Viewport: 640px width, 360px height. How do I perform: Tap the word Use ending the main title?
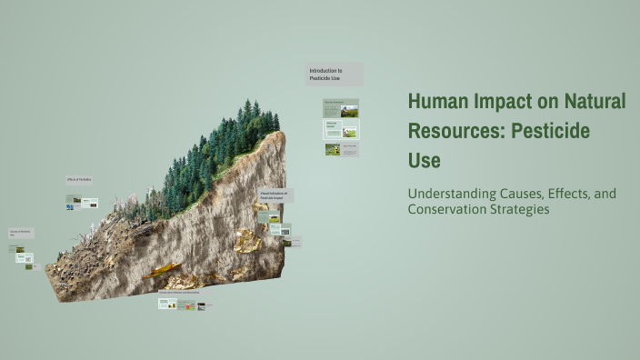click(424, 160)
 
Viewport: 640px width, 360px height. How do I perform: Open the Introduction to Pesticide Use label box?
click(334, 74)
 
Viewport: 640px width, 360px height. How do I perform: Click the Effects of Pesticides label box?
click(79, 180)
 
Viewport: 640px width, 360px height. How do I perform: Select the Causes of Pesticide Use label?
click(22, 234)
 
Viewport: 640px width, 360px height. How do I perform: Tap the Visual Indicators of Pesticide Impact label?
click(275, 195)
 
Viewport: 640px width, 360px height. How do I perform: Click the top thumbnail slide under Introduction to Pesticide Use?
click(341, 108)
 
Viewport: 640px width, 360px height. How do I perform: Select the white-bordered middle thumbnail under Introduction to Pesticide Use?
click(341, 128)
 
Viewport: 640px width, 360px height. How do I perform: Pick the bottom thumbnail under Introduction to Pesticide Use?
click(341, 148)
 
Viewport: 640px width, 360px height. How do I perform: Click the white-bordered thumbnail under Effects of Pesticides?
click(90, 204)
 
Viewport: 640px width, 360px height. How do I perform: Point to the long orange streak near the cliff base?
click(165, 269)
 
